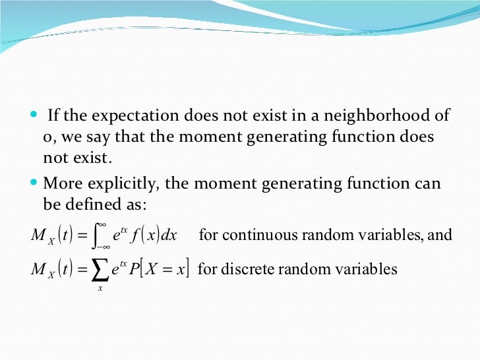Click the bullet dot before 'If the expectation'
(34, 116)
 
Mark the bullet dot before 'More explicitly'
(34, 183)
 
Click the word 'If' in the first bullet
(54, 116)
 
